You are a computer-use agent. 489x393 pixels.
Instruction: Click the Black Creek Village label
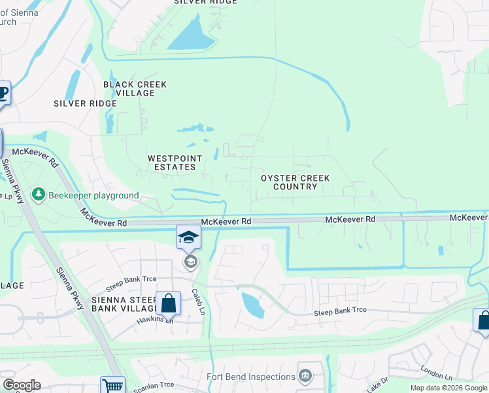[135, 88]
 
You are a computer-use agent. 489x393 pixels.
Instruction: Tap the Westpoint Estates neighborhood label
[171, 162]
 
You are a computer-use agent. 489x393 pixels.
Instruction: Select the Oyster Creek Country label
[295, 182]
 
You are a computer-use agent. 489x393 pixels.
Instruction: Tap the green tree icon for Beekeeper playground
[39, 195]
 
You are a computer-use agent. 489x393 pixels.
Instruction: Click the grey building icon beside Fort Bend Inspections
[304, 375]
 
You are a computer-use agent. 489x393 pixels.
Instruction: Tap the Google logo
[22, 385]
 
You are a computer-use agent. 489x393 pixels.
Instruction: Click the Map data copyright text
[448, 388]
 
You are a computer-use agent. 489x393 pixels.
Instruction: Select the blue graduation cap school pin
[188, 237]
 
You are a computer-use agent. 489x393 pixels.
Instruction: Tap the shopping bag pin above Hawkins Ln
[168, 304]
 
